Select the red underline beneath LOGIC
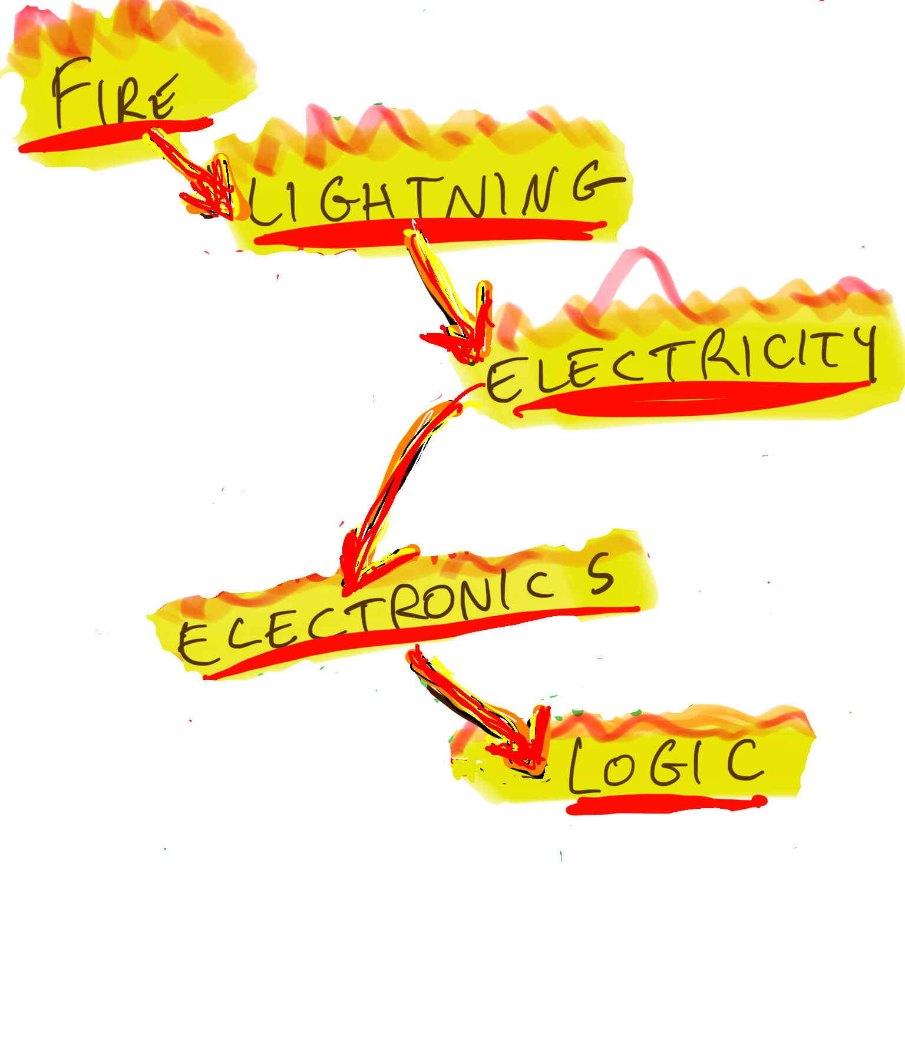click(666, 804)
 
